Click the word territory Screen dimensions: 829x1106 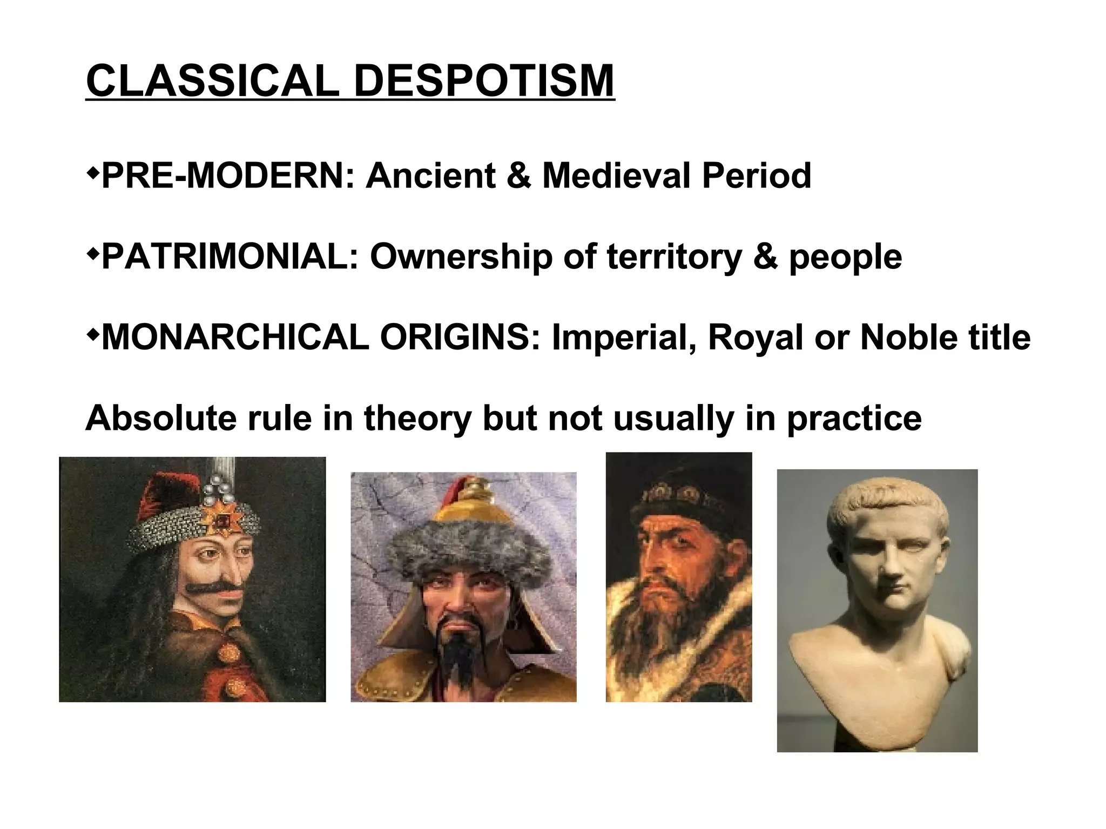point(675,258)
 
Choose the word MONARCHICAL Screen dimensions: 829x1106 point(235,338)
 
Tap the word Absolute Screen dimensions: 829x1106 point(160,418)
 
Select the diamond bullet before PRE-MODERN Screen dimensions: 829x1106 point(92,173)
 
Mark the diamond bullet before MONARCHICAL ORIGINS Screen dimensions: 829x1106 point(92,335)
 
